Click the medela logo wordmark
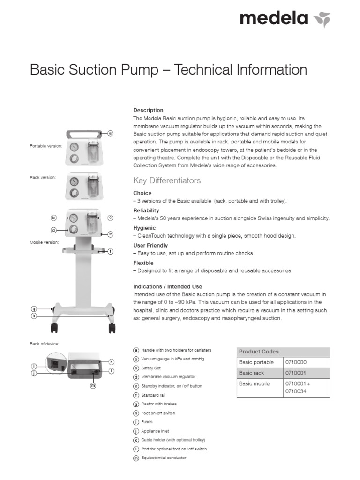click(274, 19)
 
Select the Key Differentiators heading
click(167, 180)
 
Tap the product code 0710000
click(295, 362)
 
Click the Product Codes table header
click(259, 352)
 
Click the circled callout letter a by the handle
click(111, 133)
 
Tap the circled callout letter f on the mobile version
click(111, 251)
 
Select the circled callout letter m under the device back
click(93, 386)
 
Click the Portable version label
click(45, 146)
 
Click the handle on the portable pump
click(85, 134)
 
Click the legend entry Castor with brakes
click(159, 404)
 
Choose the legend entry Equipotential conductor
click(164, 457)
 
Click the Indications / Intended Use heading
click(167, 286)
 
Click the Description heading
click(148, 110)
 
